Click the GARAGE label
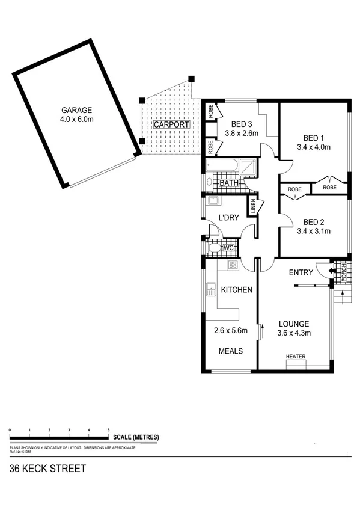(x=75, y=110)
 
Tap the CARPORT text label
(x=171, y=124)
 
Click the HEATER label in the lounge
(x=296, y=357)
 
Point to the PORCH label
(x=344, y=272)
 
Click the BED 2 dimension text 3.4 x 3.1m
(x=314, y=230)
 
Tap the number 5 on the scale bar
(x=108, y=430)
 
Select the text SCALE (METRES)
(x=136, y=437)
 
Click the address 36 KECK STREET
(x=47, y=469)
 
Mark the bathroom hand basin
(x=208, y=182)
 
